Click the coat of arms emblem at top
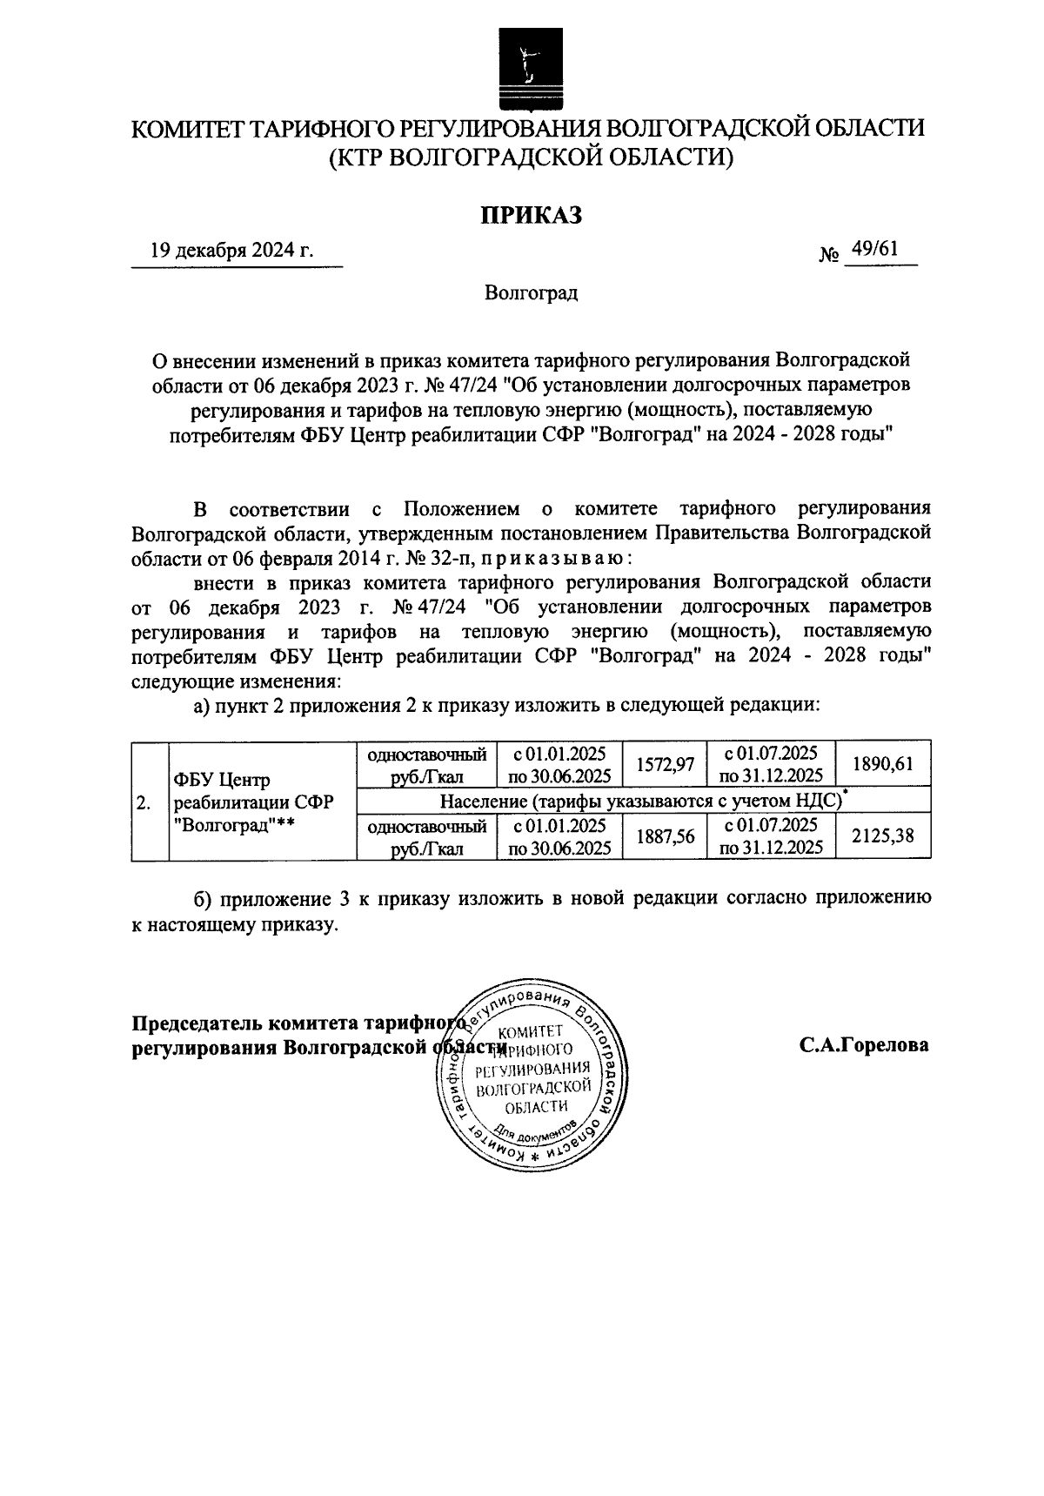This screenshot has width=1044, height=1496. [x=525, y=68]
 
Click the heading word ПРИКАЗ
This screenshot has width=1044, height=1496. [x=531, y=214]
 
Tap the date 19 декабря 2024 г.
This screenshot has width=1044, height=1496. [x=231, y=252]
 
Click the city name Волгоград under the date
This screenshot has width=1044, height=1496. [x=531, y=293]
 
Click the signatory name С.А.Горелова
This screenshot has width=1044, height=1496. [x=864, y=1045]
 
